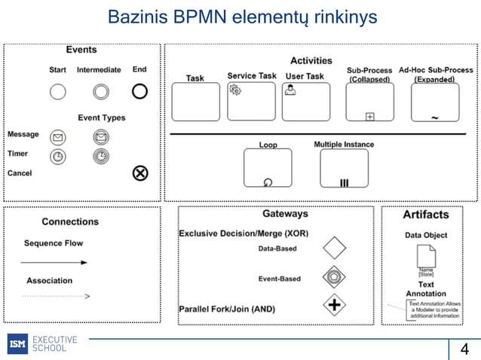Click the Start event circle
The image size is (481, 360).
[x=58, y=92]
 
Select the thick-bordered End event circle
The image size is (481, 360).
[x=139, y=92]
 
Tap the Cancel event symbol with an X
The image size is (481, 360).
[x=140, y=173]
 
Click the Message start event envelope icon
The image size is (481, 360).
[x=58, y=137]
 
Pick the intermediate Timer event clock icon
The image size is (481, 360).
[x=100, y=156]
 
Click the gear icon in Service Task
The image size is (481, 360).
[x=235, y=90]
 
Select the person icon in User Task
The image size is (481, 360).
[x=290, y=90]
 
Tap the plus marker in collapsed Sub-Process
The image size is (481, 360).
[x=370, y=116]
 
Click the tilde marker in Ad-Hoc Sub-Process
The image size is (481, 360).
[x=435, y=117]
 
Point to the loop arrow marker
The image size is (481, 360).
[x=268, y=182]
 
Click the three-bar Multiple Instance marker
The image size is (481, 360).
[x=344, y=182]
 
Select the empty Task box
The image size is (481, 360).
[x=195, y=102]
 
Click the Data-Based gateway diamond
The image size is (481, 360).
[x=334, y=248]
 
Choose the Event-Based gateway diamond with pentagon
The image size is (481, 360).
[x=334, y=277]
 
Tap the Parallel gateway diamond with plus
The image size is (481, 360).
[x=334, y=306]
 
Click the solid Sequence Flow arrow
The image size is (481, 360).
[x=54, y=262]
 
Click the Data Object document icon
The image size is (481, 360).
[x=426, y=257]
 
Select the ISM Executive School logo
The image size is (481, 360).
[x=42, y=343]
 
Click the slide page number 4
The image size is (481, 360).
[x=464, y=349]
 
